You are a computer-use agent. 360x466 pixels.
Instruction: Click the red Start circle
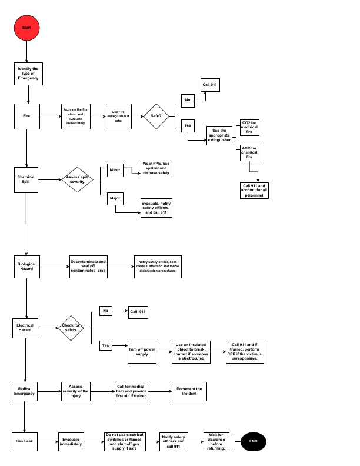click(26, 28)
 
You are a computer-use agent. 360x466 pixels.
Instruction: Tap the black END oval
click(253, 441)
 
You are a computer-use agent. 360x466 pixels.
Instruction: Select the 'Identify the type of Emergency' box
click(28, 74)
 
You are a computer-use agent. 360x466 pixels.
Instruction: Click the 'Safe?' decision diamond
click(156, 116)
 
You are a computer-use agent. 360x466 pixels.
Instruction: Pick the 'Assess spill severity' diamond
click(78, 179)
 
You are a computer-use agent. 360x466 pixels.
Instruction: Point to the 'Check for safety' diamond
click(71, 328)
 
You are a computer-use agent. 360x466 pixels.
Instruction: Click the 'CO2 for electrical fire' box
click(249, 128)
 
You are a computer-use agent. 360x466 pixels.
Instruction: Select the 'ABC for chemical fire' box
click(249, 153)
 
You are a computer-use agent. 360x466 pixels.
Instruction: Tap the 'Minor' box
click(115, 170)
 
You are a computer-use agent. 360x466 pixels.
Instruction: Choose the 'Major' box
click(115, 199)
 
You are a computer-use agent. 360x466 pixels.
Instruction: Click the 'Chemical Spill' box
click(26, 179)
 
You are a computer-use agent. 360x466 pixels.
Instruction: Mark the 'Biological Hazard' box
click(26, 267)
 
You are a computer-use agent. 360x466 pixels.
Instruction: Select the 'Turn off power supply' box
click(142, 352)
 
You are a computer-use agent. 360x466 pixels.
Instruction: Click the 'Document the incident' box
click(189, 391)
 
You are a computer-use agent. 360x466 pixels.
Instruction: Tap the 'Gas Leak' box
click(24, 442)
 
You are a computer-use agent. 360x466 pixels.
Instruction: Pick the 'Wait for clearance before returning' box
click(216, 442)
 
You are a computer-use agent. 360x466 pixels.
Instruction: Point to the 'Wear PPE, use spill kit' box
click(156, 168)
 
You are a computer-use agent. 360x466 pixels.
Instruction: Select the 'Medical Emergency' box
click(25, 391)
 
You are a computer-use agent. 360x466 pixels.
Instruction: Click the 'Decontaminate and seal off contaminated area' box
click(88, 267)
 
